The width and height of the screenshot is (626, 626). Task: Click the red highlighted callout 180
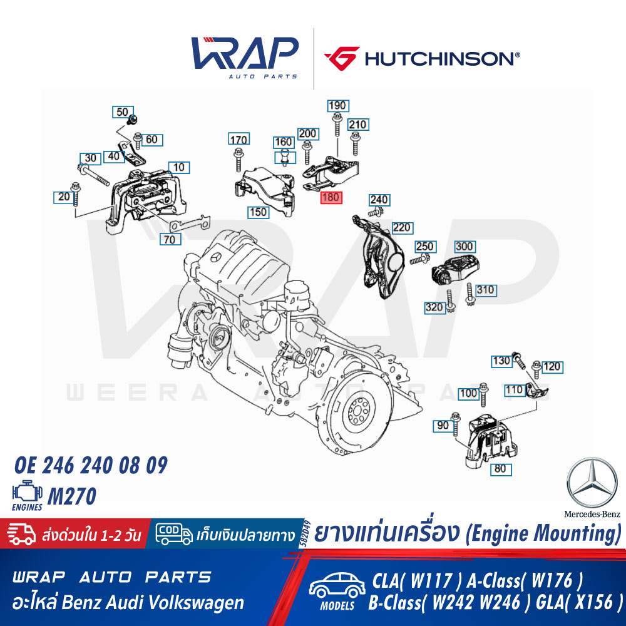pos(331,197)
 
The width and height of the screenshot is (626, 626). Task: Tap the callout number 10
pos(179,167)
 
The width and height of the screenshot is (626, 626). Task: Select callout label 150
pos(258,212)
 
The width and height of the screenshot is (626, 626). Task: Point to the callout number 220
pos(402,228)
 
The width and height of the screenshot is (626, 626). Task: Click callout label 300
pos(464,246)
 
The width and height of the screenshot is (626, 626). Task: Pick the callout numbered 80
pos(501,469)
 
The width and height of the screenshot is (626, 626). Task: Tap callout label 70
pos(170,239)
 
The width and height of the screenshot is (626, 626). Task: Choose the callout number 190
pos(338,105)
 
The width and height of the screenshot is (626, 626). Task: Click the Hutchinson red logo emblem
pos(342,58)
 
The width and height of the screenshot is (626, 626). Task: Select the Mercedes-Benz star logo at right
pos(592,483)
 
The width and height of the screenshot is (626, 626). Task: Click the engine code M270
pos(72,496)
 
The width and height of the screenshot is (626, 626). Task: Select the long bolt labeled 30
pos(93,175)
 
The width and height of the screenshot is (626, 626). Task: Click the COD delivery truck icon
pos(173,534)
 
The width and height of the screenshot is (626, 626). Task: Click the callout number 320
pos(434,307)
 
